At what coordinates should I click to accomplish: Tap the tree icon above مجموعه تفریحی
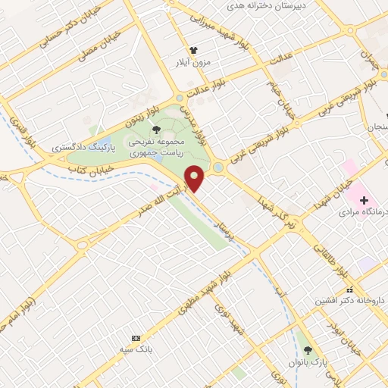[156, 131]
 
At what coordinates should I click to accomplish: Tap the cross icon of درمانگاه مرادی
[365, 201]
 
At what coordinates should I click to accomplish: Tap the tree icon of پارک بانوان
[308, 350]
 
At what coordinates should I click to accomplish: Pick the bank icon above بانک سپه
[136, 337]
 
